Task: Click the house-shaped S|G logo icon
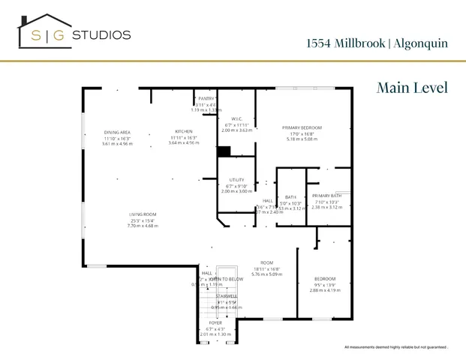click(x=44, y=32)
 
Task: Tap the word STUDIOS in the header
click(x=105, y=34)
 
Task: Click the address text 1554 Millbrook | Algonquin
click(x=377, y=43)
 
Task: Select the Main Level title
click(x=412, y=88)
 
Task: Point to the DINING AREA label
click(x=117, y=132)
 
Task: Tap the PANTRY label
click(x=206, y=98)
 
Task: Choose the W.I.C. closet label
click(x=236, y=118)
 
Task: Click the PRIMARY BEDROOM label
click(x=302, y=127)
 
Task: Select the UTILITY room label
click(x=236, y=180)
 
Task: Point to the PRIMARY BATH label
click(x=327, y=196)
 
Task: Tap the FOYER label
click(x=215, y=322)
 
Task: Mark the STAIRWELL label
click(x=226, y=296)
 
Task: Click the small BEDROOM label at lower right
click(x=325, y=279)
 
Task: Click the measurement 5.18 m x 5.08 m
click(x=302, y=139)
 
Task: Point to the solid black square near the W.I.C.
click(x=224, y=151)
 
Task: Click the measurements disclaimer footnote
click(x=396, y=347)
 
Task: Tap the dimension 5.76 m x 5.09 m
click(x=266, y=274)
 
